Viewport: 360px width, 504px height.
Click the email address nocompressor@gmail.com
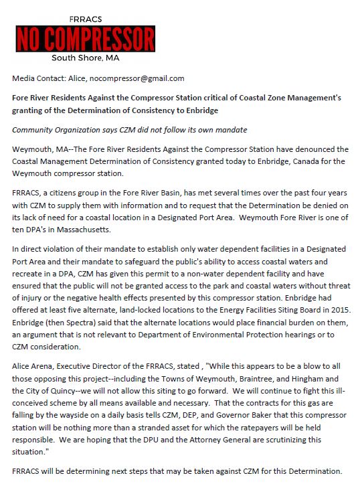[139, 78]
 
